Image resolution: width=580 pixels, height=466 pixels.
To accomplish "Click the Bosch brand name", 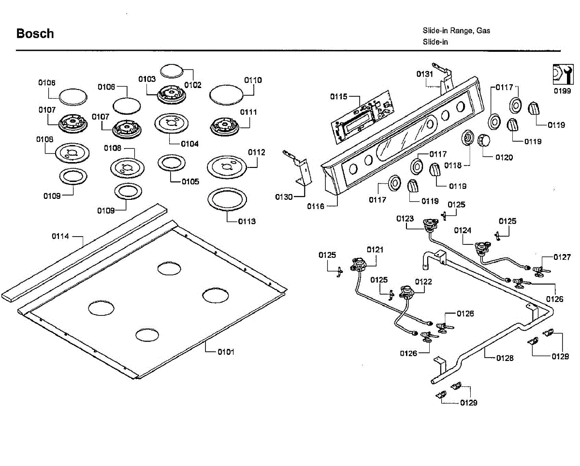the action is (35, 33).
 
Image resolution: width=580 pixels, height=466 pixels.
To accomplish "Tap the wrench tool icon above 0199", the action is (563, 74).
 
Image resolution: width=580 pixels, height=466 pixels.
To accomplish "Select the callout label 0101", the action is (226, 352).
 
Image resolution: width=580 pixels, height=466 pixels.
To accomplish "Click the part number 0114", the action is (60, 236).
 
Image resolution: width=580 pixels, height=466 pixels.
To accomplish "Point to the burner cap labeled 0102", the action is (172, 71).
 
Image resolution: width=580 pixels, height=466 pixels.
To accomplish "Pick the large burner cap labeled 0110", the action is (226, 95).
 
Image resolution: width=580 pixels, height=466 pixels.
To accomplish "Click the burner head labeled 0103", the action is (172, 94).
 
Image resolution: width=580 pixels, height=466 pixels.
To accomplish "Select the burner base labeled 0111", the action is (224, 127).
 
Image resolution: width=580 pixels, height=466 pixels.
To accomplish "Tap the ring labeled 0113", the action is (227, 200).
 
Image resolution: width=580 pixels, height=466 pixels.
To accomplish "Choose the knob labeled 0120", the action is (483, 141).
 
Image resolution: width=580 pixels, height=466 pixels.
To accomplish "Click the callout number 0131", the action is (424, 74).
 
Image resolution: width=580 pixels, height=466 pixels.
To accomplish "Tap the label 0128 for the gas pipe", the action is (505, 358).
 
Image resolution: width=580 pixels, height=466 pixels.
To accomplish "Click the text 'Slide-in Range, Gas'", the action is (456, 31).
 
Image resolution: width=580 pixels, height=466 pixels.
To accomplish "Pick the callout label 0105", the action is (190, 181).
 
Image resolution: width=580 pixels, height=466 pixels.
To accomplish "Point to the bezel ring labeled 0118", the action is (467, 138).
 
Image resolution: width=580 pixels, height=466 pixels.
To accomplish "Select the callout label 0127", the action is (562, 257).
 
